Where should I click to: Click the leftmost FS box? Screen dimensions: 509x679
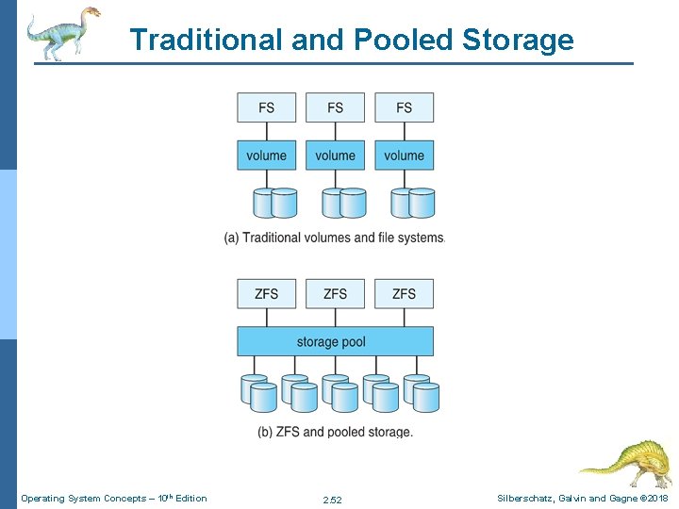(x=267, y=107)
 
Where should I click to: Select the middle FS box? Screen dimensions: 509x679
(x=335, y=107)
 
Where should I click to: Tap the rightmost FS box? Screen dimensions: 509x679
(x=404, y=107)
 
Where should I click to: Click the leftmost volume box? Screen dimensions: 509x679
(x=267, y=156)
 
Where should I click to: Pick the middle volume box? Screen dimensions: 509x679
(x=335, y=156)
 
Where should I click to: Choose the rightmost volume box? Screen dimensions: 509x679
(x=404, y=156)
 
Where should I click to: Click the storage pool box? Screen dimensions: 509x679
(x=335, y=341)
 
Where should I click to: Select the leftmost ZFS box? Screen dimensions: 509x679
(x=267, y=294)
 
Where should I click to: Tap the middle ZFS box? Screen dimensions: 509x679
(x=335, y=294)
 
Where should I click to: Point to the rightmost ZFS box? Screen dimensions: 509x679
(x=404, y=294)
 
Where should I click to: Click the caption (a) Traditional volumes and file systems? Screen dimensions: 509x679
(x=334, y=238)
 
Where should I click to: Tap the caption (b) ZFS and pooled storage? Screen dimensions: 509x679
(x=335, y=432)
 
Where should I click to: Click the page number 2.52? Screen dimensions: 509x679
(x=332, y=499)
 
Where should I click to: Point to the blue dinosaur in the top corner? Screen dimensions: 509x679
(x=62, y=32)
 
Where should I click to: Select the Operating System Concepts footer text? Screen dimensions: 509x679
(x=114, y=498)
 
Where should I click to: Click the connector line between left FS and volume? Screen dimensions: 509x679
(x=267, y=132)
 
